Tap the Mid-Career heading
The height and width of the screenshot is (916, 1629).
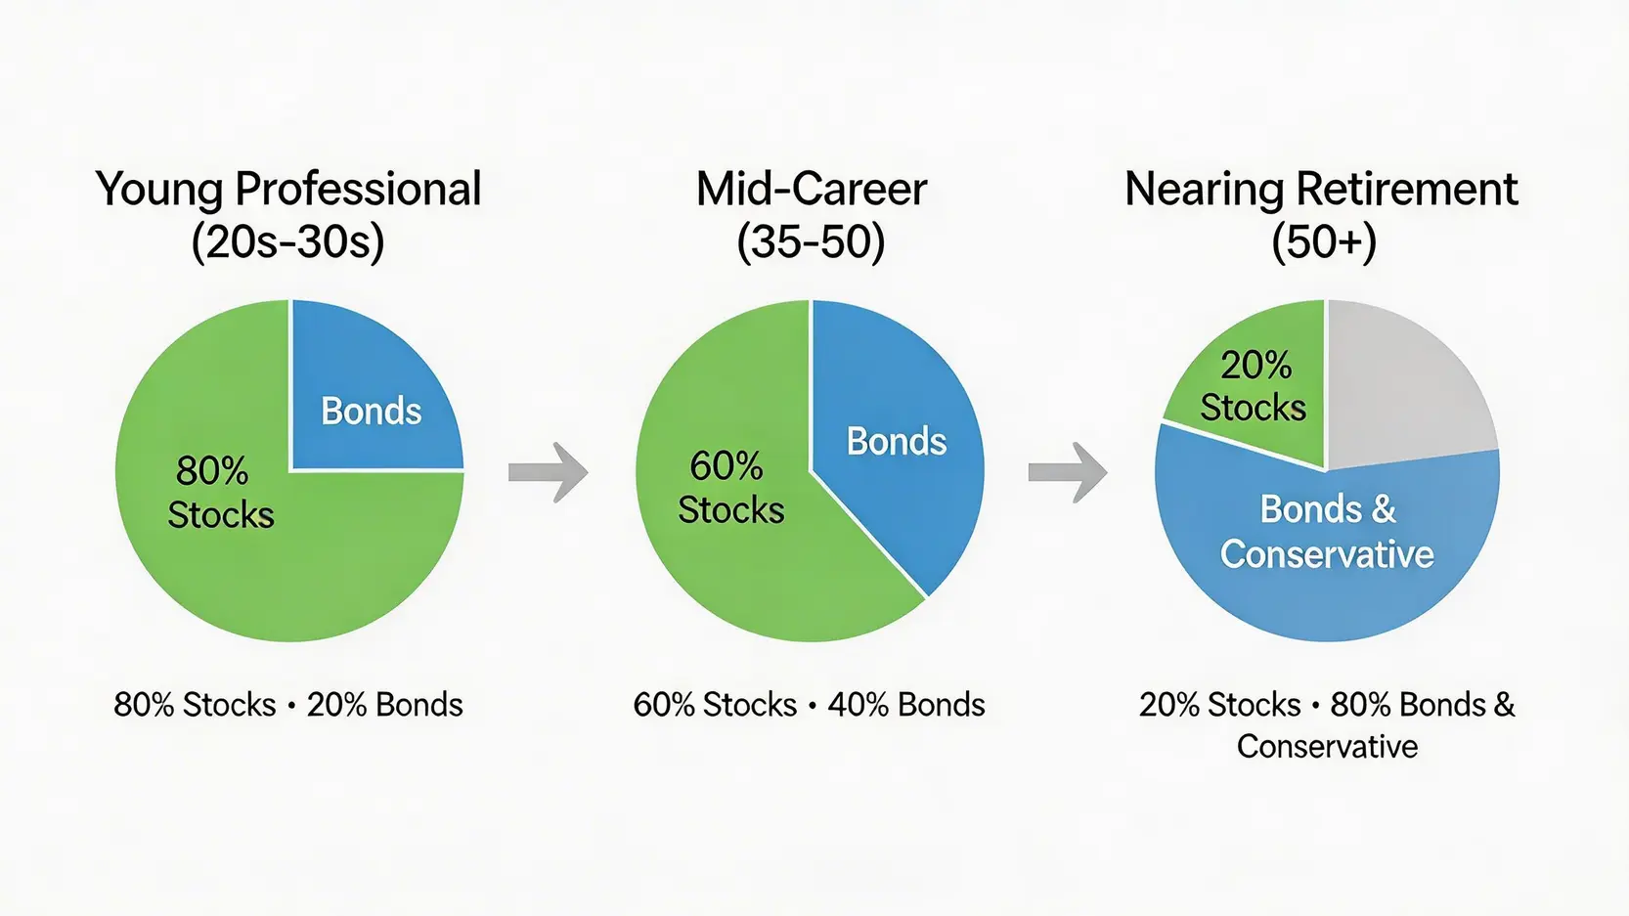tap(811, 189)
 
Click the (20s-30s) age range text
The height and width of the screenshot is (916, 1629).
tap(288, 242)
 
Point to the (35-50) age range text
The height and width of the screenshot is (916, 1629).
tap(811, 242)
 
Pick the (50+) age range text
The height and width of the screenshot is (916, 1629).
tap(1324, 242)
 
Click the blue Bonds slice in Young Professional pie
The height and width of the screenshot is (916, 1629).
tap(376, 385)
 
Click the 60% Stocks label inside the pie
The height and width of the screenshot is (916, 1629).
tap(730, 487)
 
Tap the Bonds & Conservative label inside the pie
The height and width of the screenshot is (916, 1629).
tap(1327, 532)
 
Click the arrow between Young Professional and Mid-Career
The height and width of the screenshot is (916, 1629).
tap(548, 472)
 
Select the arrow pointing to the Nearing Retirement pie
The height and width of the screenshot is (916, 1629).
tap(1068, 472)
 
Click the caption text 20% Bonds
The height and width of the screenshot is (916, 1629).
tap(384, 705)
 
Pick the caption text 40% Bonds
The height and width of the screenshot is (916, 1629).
tap(906, 705)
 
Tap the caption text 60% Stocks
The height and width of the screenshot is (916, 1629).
tap(715, 705)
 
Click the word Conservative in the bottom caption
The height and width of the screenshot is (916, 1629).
tap(1327, 747)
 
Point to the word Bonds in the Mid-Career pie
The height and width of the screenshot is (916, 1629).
tap(897, 441)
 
